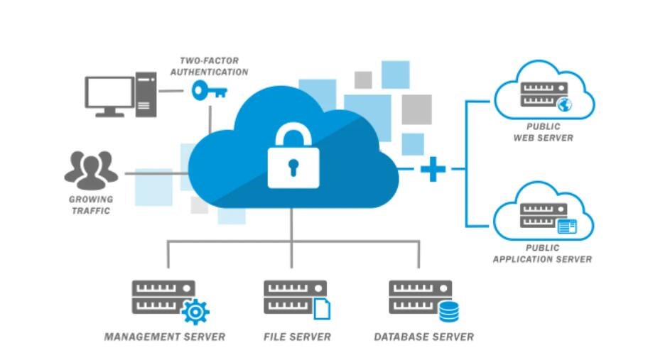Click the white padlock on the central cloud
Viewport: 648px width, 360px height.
point(293,157)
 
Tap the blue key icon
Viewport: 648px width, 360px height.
point(208,91)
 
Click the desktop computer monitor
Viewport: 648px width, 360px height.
point(109,95)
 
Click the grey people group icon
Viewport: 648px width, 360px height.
point(92,169)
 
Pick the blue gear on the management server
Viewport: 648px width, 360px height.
point(195,311)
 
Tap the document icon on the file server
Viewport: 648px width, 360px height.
point(322,309)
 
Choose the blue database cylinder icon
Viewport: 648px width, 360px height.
point(448,311)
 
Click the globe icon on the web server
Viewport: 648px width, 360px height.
point(564,105)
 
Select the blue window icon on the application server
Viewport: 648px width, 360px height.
point(566,226)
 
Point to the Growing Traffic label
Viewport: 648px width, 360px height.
point(90,205)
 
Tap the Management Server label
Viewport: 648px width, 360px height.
point(165,337)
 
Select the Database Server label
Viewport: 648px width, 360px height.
point(423,337)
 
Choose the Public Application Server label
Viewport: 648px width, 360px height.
point(542,253)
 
